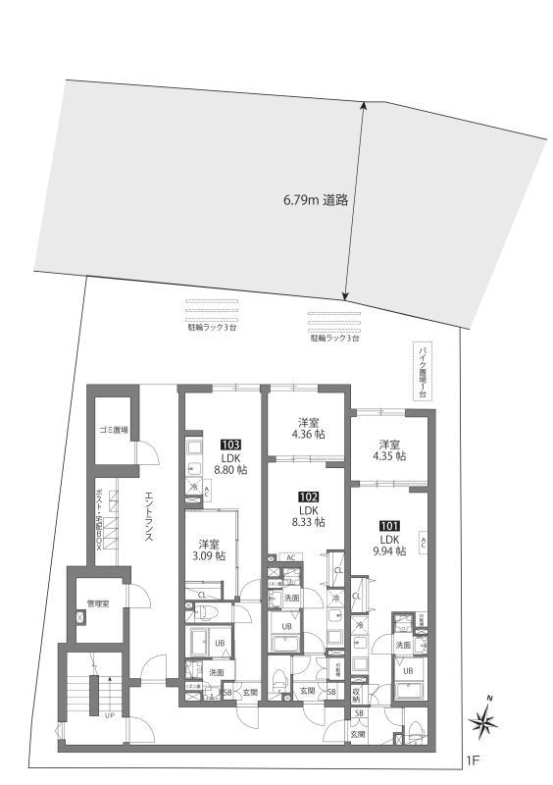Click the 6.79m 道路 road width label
317,200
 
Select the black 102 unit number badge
309,497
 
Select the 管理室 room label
99,602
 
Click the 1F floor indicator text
473,760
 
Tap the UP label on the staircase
110,715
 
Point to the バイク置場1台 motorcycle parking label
423,370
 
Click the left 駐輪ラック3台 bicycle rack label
212,327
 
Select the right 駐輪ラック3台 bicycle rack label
335,338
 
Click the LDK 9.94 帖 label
389,546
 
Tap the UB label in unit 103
221,644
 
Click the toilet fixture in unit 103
208,612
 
